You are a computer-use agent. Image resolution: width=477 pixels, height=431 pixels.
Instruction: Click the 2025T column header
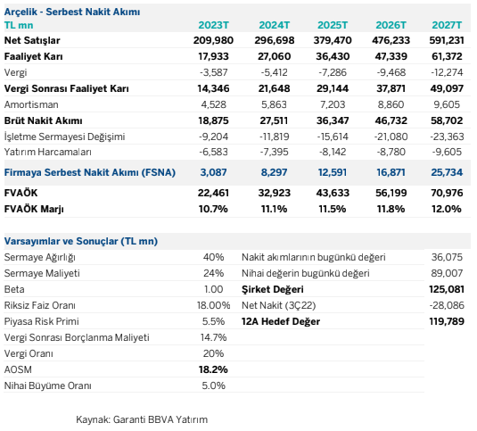tap(333, 25)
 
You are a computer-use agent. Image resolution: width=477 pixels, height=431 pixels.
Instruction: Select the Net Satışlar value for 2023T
tap(213, 40)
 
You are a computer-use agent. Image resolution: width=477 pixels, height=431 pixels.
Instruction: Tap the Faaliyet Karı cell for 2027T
tap(447, 56)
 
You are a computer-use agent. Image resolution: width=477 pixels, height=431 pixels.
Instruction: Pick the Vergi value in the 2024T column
tap(274, 72)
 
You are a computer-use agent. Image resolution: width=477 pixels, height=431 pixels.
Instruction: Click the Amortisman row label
tap(31, 104)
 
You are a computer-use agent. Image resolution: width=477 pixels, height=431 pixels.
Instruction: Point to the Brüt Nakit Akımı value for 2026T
tap(391, 120)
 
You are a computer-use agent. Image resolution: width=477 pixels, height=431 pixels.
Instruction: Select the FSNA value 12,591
tap(333, 172)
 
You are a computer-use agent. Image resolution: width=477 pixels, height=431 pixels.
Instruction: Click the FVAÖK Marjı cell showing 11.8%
tap(391, 209)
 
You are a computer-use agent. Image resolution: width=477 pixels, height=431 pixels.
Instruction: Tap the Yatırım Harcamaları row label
tap(48, 152)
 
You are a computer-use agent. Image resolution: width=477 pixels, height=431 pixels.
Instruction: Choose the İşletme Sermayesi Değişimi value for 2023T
tap(214, 137)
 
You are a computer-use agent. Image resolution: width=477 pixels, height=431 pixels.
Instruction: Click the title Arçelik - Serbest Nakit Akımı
tap(72, 12)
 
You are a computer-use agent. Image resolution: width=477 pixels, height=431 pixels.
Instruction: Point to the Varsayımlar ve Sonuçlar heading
tap(81, 241)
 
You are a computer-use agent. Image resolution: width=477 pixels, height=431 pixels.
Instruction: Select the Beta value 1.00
tap(214, 289)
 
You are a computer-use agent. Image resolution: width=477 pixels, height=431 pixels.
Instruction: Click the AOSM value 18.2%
tap(213, 369)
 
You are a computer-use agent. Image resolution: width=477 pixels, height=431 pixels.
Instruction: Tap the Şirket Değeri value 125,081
tap(447, 289)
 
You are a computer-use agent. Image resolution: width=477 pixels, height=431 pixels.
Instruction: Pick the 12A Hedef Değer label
tap(281, 321)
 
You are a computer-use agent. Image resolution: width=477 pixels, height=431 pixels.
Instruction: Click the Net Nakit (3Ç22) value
tap(447, 305)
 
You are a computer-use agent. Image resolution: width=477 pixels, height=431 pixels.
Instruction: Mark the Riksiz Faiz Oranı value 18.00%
tap(214, 305)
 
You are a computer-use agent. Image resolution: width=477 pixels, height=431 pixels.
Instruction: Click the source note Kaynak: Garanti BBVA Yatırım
tap(142, 419)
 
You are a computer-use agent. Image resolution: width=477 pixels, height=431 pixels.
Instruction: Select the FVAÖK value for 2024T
tap(275, 193)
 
